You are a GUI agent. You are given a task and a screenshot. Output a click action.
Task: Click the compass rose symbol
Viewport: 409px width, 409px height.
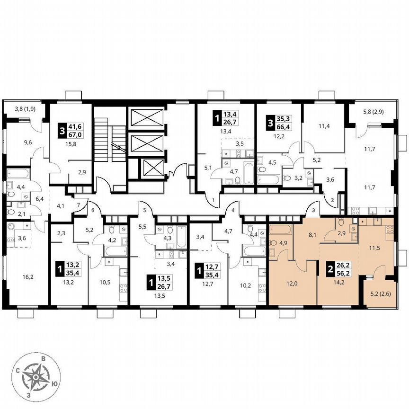click(36, 376)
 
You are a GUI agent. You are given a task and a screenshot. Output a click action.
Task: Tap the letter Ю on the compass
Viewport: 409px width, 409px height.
click(54, 383)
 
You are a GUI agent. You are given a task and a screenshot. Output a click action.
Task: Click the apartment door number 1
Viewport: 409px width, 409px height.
click(213, 200)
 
